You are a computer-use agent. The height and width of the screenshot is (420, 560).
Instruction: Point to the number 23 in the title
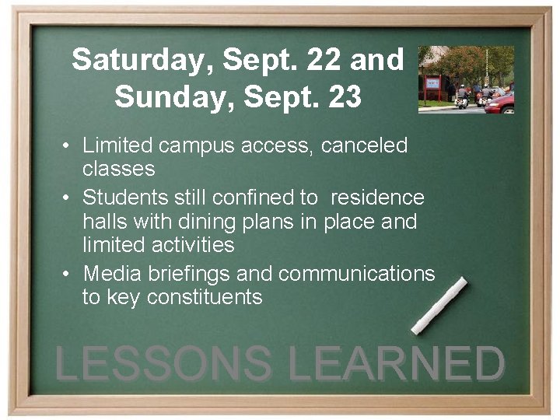(x=342, y=98)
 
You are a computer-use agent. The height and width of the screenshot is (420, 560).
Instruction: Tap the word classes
(x=118, y=168)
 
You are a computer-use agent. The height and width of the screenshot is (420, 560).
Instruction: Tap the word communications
(x=357, y=274)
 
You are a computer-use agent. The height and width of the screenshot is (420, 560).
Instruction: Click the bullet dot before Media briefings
(x=68, y=274)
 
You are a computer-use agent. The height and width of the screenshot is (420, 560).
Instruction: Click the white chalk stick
(x=439, y=306)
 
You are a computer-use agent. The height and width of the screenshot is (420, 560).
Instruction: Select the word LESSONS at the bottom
(x=164, y=364)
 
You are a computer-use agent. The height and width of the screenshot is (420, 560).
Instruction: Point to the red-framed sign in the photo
(x=432, y=83)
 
